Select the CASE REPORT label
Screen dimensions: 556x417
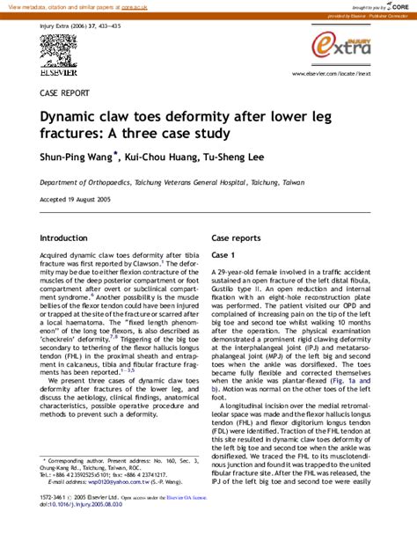tap(64, 92)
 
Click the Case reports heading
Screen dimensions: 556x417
tap(236, 238)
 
